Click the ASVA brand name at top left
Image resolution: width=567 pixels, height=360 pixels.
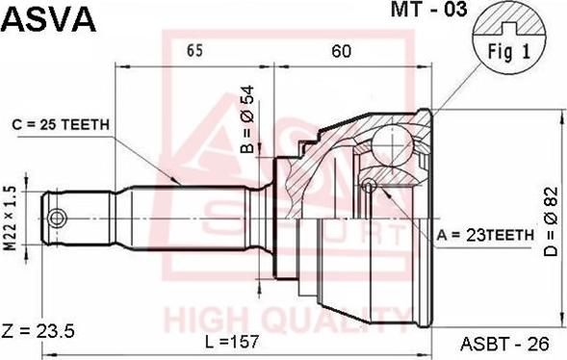click(49, 19)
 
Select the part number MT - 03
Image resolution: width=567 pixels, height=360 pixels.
click(429, 10)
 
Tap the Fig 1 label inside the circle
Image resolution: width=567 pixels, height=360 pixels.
click(509, 52)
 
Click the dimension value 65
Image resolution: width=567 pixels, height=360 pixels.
click(194, 51)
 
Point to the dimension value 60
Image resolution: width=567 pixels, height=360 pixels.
click(341, 51)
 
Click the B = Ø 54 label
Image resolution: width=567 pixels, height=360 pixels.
click(248, 119)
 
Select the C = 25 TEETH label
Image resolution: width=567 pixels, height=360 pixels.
click(61, 125)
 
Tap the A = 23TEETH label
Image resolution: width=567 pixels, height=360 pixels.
click(485, 235)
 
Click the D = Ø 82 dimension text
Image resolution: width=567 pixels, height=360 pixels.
click(552, 221)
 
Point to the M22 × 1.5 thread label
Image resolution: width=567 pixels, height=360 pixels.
click(12, 219)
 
